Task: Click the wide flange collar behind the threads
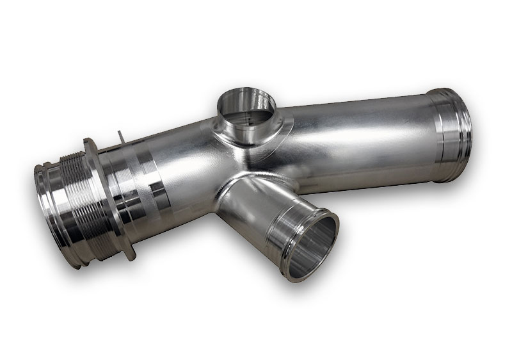pos(100,192)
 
